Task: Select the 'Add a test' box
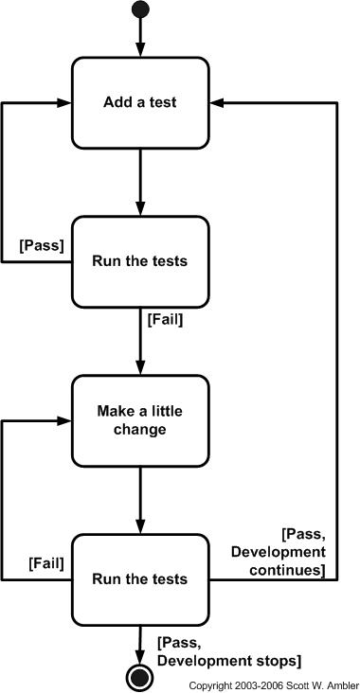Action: tap(140, 102)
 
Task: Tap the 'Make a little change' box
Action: tap(140, 420)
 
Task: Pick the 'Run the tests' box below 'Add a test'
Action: tap(140, 261)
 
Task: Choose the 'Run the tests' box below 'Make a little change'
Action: tap(140, 578)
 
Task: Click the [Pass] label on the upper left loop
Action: tap(42, 244)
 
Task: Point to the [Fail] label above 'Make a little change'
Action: tap(165, 319)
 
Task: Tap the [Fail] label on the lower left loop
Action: tap(45, 562)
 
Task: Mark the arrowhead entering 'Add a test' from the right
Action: tap(217, 102)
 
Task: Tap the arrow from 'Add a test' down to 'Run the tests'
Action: tap(140, 182)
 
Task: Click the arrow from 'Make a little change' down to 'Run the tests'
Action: tap(140, 500)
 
